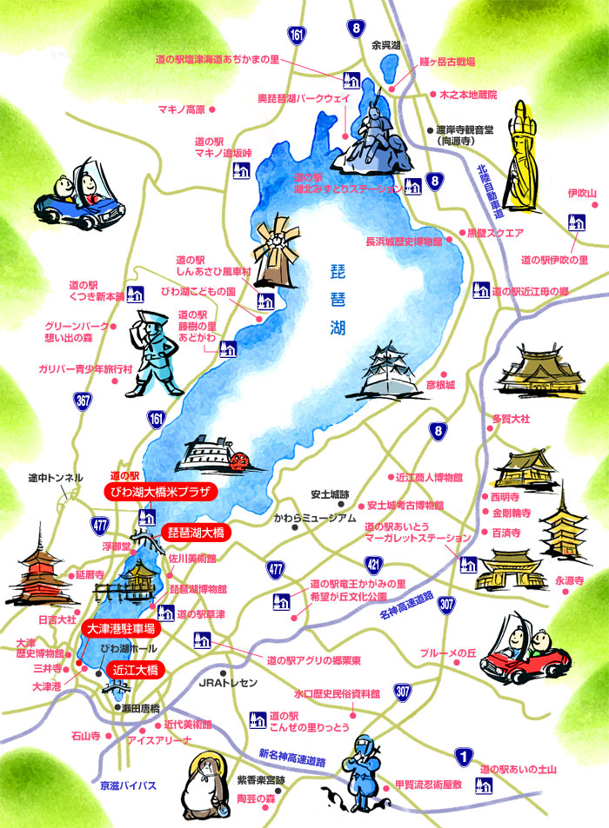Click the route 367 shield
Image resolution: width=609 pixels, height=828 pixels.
(83, 402)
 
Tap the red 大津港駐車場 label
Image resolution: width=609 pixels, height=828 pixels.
(120, 627)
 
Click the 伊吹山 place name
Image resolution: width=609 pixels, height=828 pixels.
(582, 193)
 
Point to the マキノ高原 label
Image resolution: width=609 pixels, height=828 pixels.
(181, 109)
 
